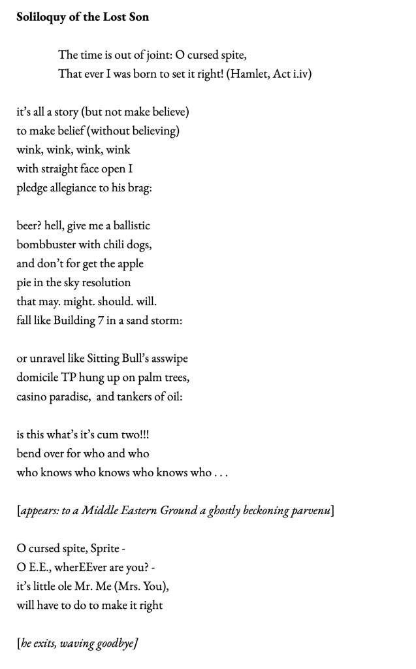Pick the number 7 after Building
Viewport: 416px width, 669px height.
108,320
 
